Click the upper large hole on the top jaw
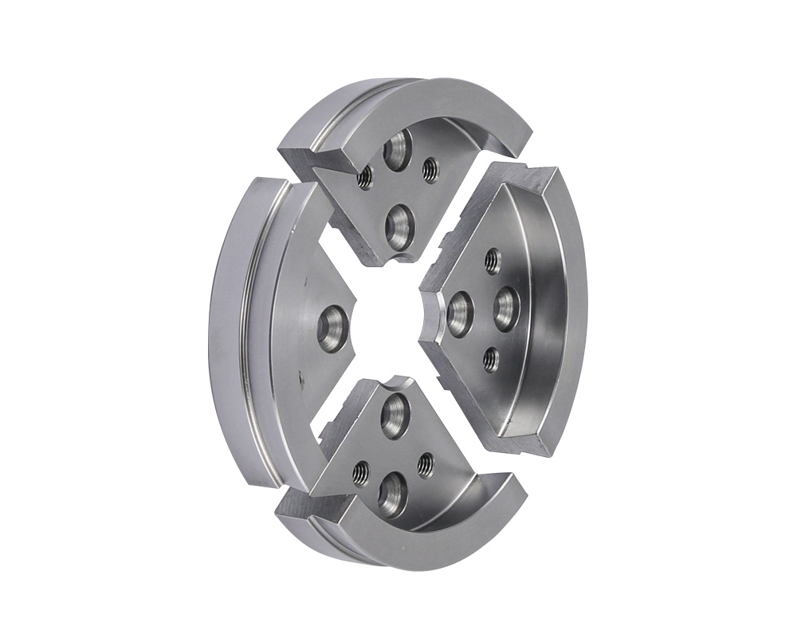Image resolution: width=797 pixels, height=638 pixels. (x=396, y=151)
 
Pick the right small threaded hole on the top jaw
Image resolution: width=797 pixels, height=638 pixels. (x=430, y=168)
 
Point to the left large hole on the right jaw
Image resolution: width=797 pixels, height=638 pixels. (x=460, y=313)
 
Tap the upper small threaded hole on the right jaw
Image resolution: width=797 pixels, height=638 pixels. (x=493, y=260)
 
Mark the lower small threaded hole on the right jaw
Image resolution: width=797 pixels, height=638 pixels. (x=491, y=361)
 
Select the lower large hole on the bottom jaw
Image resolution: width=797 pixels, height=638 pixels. (x=393, y=494)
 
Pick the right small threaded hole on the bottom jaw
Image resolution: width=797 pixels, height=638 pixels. (x=426, y=463)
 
